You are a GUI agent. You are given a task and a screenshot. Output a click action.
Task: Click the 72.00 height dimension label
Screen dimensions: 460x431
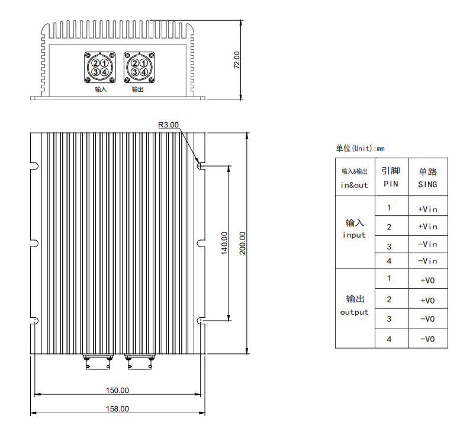tap(237, 60)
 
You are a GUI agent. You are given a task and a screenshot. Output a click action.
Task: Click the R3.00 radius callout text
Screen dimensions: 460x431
tap(168, 125)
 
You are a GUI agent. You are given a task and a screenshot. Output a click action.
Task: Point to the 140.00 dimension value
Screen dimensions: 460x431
tap(224, 243)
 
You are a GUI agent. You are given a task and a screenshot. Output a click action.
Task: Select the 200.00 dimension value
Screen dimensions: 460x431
tap(242, 243)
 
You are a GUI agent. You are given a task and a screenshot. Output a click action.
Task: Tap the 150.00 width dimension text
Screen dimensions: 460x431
tap(117, 391)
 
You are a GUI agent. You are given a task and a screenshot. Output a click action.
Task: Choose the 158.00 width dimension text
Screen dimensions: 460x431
tap(117, 408)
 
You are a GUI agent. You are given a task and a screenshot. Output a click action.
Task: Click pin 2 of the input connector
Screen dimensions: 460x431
tap(96, 63)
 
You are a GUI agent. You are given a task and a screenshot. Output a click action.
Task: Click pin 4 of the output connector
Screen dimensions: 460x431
tap(143, 72)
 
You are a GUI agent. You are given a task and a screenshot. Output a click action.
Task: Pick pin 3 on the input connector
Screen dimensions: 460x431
tap(96, 72)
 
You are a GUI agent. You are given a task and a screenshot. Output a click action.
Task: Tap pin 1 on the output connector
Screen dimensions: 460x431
tap(143, 63)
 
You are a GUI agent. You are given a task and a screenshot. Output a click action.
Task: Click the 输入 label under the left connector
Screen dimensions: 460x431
tap(101, 90)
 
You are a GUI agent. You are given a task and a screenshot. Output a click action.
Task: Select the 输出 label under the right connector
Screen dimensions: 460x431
tap(137, 90)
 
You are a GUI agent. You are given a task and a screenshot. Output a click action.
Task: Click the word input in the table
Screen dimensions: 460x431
tap(354, 235)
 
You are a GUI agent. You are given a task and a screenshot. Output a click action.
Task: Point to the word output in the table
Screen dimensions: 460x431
tap(354, 312)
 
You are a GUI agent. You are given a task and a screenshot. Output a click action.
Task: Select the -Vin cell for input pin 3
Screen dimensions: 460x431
tap(427, 244)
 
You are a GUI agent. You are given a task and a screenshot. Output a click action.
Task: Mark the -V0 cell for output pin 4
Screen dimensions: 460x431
tap(427, 339)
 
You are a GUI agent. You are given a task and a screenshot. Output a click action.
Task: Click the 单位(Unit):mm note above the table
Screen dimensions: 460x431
tap(360, 148)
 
